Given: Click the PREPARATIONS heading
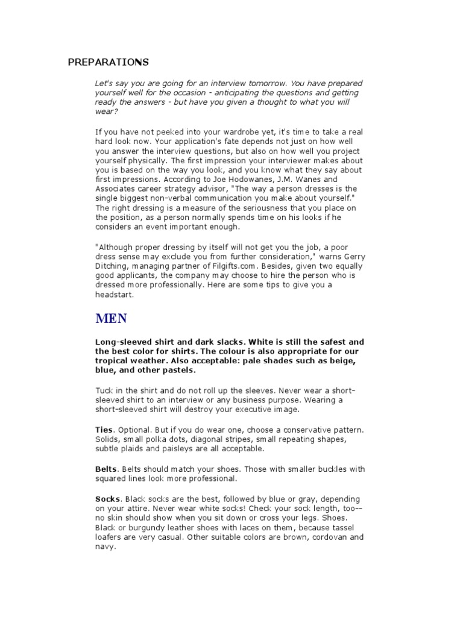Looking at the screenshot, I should pos(108,63).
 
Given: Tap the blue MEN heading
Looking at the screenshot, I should pos(112,318).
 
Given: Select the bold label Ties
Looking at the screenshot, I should pos(104,430).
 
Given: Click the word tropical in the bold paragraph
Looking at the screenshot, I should pos(119,361).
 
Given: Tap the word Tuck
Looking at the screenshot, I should pos(104,390).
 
